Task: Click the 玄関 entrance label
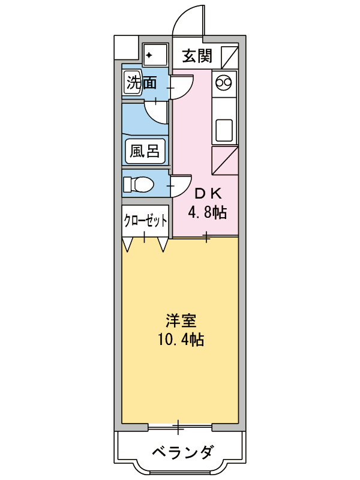pyautogui.click(x=196, y=56)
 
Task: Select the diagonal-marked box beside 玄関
pyautogui.click(x=229, y=56)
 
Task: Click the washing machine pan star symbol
pyautogui.click(x=149, y=55)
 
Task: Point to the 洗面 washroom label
pyautogui.click(x=141, y=83)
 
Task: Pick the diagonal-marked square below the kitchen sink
pyautogui.click(x=225, y=159)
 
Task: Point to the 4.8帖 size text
pyautogui.click(x=207, y=212)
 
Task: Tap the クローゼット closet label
pyautogui.click(x=145, y=220)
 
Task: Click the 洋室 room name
pyautogui.click(x=180, y=321)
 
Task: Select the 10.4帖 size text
pyautogui.click(x=180, y=340)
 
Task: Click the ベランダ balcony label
pyautogui.click(x=180, y=452)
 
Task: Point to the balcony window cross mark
pyautogui.click(x=179, y=427)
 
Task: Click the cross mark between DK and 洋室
pyautogui.click(x=206, y=238)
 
